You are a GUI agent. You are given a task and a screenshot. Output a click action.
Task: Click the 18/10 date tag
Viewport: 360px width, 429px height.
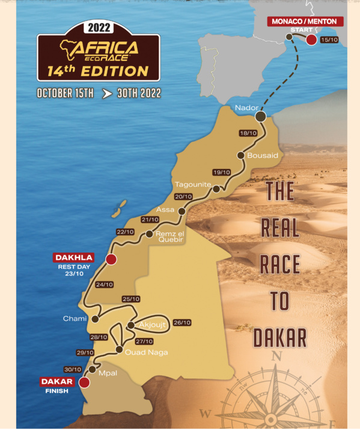[248, 133]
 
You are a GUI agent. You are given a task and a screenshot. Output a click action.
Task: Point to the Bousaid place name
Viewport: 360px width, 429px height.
[263, 155]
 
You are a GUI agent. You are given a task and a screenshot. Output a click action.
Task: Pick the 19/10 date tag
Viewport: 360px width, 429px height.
[222, 172]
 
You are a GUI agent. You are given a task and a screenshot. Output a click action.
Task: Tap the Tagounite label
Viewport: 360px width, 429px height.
[191, 184]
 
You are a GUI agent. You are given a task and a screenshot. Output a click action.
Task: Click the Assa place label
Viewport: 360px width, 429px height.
[165, 209]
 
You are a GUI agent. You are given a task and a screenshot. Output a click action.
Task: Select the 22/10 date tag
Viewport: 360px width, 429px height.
[125, 232]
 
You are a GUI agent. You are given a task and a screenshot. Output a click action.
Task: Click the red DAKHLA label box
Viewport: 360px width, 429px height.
[74, 258]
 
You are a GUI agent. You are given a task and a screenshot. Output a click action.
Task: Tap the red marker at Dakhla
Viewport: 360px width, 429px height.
[111, 259]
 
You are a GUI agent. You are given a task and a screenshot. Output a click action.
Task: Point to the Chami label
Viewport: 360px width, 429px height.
[75, 318]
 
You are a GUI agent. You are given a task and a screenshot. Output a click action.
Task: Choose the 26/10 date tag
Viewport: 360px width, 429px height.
[181, 323]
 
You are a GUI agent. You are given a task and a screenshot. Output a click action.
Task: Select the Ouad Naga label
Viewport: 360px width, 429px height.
[146, 353]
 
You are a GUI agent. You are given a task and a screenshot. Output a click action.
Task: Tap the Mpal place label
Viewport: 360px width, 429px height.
[109, 373]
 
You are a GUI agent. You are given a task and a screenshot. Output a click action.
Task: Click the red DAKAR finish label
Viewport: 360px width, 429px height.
[57, 381]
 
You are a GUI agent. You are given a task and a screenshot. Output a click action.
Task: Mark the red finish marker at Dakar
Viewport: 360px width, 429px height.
[84, 381]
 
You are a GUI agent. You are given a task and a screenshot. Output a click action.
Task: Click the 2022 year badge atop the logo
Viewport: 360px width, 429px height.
[99, 28]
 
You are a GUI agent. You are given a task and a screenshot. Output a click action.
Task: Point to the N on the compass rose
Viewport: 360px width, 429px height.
[276, 356]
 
